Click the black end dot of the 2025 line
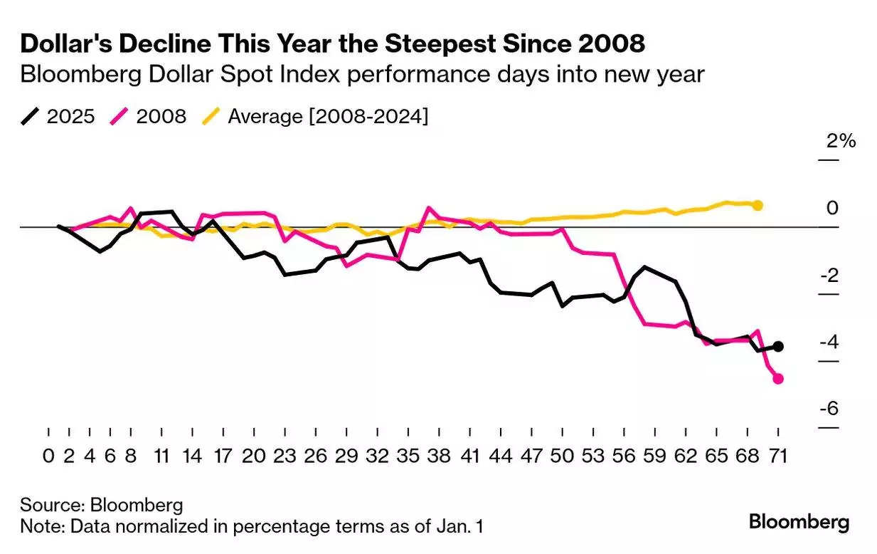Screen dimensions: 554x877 pyautogui.click(x=778, y=346)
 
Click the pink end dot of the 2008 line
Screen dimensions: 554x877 pyautogui.click(x=778, y=379)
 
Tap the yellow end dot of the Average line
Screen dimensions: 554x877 pyautogui.click(x=758, y=206)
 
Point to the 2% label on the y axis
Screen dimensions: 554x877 pyautogui.click(x=841, y=141)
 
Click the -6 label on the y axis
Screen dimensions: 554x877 pyautogui.click(x=829, y=409)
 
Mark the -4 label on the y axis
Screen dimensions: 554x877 pyautogui.click(x=829, y=342)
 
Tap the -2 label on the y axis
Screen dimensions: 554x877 pyautogui.click(x=829, y=276)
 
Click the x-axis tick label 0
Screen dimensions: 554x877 pyautogui.click(x=48, y=456)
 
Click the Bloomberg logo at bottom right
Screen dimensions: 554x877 pyautogui.click(x=799, y=522)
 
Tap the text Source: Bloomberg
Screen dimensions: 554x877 pyautogui.click(x=102, y=506)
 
